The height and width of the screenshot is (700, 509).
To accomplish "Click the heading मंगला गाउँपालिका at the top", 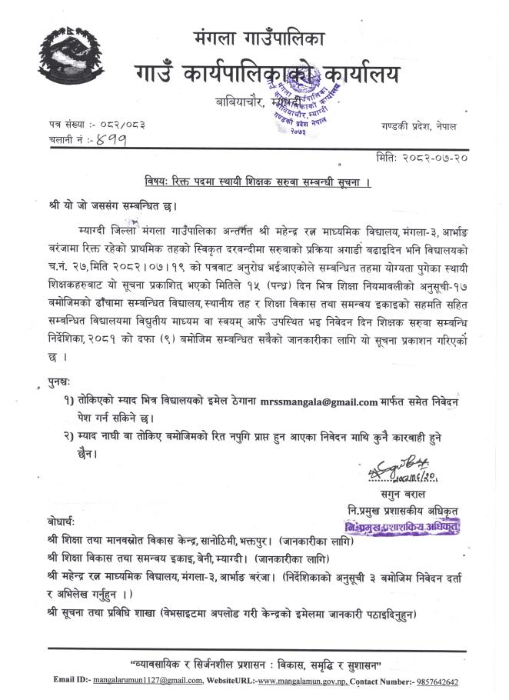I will [x=259, y=37].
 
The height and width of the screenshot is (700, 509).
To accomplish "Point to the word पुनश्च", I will [x=59, y=382].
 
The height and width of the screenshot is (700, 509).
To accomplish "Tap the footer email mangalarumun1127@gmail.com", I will [x=145, y=682].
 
